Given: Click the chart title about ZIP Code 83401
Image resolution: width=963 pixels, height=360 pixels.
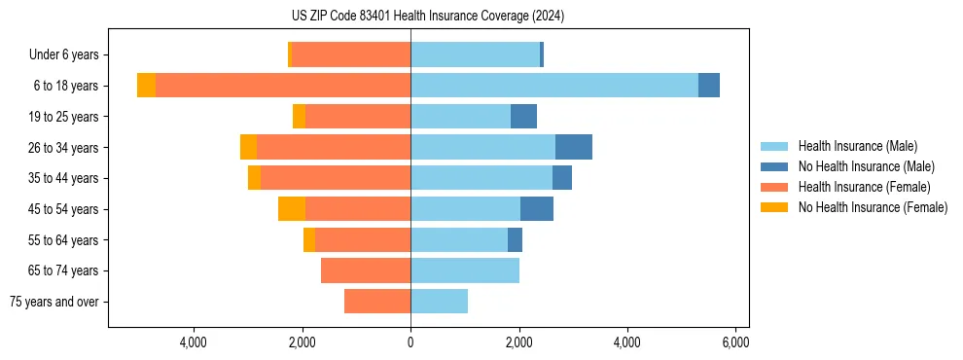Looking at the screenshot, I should (427, 17).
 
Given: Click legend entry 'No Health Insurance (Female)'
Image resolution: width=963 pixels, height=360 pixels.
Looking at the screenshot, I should (872, 207).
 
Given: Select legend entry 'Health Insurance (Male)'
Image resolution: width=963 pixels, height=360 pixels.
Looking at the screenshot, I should (857, 146).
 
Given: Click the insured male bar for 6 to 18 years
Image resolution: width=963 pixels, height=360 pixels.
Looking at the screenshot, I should (554, 86).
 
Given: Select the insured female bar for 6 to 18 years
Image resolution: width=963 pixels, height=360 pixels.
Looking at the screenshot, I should (283, 86).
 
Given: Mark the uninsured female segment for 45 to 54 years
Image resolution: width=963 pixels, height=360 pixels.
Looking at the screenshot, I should (292, 209).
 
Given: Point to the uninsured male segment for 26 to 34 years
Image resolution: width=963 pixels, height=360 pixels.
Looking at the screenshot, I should (574, 147).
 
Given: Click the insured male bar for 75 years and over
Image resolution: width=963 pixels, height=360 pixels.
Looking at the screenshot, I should (439, 302).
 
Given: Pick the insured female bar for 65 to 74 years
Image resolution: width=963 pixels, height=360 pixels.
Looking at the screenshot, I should (366, 270).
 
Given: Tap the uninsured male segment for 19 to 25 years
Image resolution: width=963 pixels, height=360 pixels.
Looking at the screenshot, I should (523, 117).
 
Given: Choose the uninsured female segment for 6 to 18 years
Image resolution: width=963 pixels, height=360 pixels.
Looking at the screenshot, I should (146, 86).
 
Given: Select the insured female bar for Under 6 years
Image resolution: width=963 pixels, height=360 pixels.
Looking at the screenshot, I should (351, 55).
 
